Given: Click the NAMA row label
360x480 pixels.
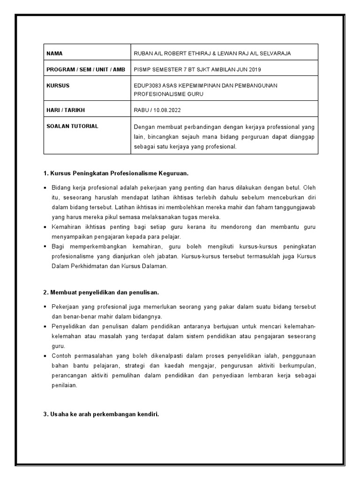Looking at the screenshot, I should coord(55,53).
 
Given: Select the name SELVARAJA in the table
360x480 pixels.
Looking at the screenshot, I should coord(273,53).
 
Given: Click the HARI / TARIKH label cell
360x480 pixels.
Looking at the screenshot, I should coord(66,110).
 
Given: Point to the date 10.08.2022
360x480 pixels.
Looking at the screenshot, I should coord(169,110).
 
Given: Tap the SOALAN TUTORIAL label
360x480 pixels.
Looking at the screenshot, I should coord(72,127).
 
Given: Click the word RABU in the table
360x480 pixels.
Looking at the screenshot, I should coord(141,110).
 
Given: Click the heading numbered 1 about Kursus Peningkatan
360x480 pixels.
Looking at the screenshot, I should coord(115,173).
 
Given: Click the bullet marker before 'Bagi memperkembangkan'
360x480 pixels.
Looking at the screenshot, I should coord(45,247).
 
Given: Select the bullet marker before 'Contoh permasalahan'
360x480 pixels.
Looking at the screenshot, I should coord(45,356).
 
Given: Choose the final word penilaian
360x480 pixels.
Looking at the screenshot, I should coord(64,386).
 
